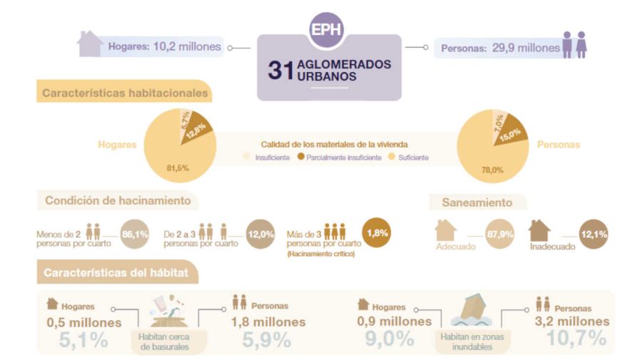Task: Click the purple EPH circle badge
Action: click(326, 31)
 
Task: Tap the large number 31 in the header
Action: click(277, 70)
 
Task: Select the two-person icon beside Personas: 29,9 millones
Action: click(574, 44)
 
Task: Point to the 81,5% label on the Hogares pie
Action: click(177, 168)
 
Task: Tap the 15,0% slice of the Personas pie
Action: click(508, 133)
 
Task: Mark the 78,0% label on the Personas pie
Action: click(491, 170)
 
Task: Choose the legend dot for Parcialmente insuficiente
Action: click(301, 157)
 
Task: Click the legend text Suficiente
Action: click(414, 157)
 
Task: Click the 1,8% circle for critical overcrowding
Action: click(378, 232)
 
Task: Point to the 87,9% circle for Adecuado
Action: click(500, 235)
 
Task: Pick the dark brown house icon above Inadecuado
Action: click(539, 230)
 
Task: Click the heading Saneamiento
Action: click(477, 202)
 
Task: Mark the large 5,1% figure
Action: click(78, 340)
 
